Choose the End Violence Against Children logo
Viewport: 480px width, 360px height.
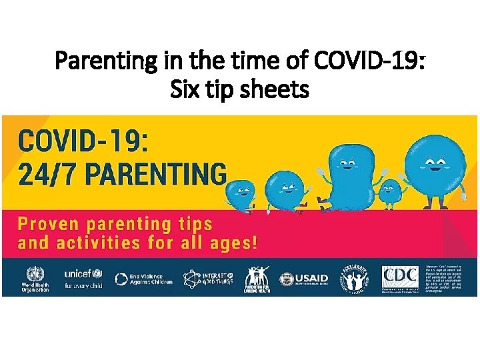pyautogui.click(x=144, y=279)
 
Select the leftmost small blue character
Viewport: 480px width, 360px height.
pyautogui.click(x=240, y=193)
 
